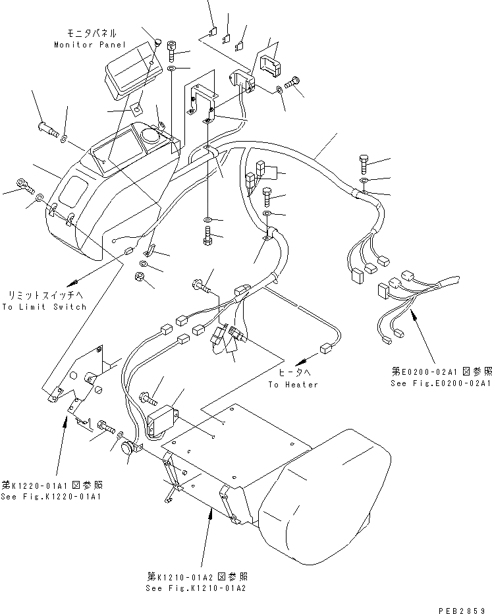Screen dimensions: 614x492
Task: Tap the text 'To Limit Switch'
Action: point(44,307)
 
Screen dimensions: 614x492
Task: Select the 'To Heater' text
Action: point(293,384)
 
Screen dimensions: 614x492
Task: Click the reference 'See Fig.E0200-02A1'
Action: point(439,382)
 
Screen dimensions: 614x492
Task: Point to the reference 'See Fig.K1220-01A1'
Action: point(51,495)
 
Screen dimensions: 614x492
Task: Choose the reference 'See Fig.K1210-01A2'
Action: point(198,588)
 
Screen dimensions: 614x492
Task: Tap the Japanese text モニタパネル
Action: point(92,32)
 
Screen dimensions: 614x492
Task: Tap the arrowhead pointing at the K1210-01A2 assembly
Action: point(211,515)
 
